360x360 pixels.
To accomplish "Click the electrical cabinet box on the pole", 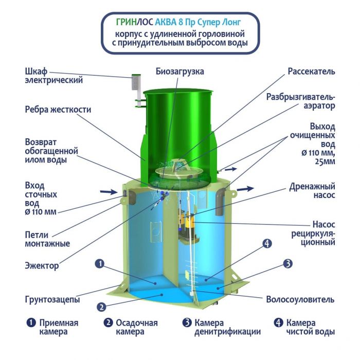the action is tap(136, 82).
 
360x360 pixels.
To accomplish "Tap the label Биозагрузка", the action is tap(180, 71).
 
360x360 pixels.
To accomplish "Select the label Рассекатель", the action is tap(311, 71).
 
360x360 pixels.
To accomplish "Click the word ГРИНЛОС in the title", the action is tap(135, 22).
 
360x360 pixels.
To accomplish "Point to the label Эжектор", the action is tap(42, 266).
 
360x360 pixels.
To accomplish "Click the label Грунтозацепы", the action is tap(52, 299).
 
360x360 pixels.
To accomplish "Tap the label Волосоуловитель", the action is tap(300, 299).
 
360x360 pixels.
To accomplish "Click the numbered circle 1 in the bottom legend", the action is tap(31, 322).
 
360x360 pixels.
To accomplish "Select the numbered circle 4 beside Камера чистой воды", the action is tap(278, 322).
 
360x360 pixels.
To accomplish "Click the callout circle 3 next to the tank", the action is tap(287, 263).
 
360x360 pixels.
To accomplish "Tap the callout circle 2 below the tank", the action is tap(101, 307).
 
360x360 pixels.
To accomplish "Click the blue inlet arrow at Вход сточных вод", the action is tap(109, 191).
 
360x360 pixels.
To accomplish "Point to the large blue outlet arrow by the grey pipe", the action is tap(245, 189).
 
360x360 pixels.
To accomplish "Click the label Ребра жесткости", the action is tap(58, 110).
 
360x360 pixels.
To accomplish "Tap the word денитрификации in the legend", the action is tap(227, 332).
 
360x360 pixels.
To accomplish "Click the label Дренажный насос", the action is tap(312, 191).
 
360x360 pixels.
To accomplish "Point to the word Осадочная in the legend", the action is tap(137, 322).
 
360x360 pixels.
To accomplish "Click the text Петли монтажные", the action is tap(47, 239).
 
